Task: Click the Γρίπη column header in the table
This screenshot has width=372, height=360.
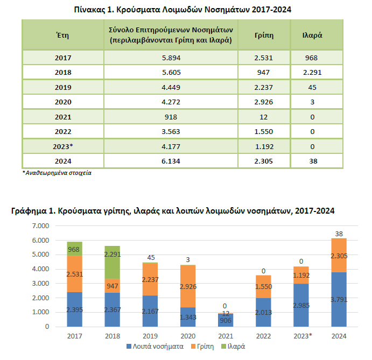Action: [264, 36]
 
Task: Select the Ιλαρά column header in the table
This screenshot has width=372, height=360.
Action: [312, 35]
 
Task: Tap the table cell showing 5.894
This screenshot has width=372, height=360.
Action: [171, 58]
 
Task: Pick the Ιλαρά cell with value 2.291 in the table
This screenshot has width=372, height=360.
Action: [312, 72]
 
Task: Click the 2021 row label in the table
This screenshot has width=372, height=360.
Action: [63, 117]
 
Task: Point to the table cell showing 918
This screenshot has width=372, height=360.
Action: [171, 117]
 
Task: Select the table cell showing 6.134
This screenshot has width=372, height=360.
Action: [171, 161]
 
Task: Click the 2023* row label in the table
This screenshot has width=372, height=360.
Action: [63, 146]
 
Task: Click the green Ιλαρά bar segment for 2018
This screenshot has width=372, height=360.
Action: [112, 263]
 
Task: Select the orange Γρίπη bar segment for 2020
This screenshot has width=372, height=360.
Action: [188, 286]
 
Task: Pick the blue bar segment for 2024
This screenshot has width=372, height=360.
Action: [339, 299]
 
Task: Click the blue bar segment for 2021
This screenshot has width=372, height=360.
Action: [226, 320]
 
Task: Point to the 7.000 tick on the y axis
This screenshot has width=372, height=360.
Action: [40, 226]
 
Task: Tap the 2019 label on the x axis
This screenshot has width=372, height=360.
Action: [150, 336]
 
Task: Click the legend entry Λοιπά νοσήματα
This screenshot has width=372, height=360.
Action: [155, 347]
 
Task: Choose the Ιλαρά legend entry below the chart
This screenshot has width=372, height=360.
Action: [233, 347]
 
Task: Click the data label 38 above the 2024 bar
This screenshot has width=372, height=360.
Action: [339, 234]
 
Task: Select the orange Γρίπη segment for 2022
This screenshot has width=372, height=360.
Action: [263, 287]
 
